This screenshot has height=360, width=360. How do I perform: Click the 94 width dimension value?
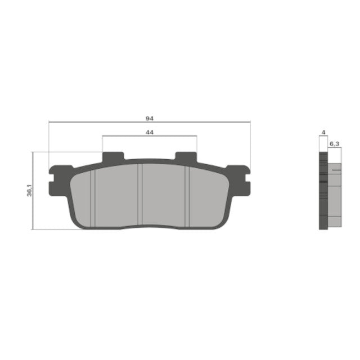click(149, 118)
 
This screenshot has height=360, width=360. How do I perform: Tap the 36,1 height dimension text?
click(29, 191)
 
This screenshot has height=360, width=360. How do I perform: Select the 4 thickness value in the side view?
click(323, 133)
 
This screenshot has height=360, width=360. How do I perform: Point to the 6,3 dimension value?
click(334, 145)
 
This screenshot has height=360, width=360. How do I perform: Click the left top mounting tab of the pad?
click(113, 158)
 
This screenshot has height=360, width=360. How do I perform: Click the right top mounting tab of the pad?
click(186, 158)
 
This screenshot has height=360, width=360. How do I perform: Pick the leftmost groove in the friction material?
click(94, 197)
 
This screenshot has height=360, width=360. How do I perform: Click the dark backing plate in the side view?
click(323, 191)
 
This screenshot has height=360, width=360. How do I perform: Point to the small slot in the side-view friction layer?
click(336, 169)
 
